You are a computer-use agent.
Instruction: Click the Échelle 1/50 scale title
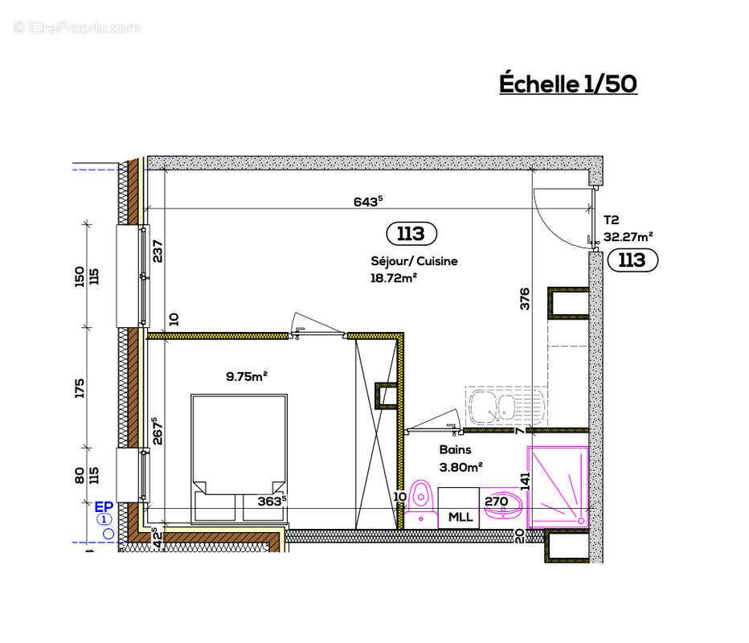point(568,84)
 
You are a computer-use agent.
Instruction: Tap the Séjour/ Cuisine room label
point(414,261)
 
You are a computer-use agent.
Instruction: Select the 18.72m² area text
point(394,278)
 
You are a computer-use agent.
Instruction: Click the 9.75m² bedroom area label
point(246,375)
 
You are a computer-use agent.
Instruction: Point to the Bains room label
point(455,450)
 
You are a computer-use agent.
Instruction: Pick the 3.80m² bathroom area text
point(460,465)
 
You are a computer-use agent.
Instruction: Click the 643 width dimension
point(366,202)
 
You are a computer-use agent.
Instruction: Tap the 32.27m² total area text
point(628,237)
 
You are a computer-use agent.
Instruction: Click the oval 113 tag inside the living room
point(411,234)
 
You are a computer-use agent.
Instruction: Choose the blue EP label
point(103,506)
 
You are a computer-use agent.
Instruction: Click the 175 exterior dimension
point(80,387)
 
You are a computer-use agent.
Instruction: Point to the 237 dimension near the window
point(158,253)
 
